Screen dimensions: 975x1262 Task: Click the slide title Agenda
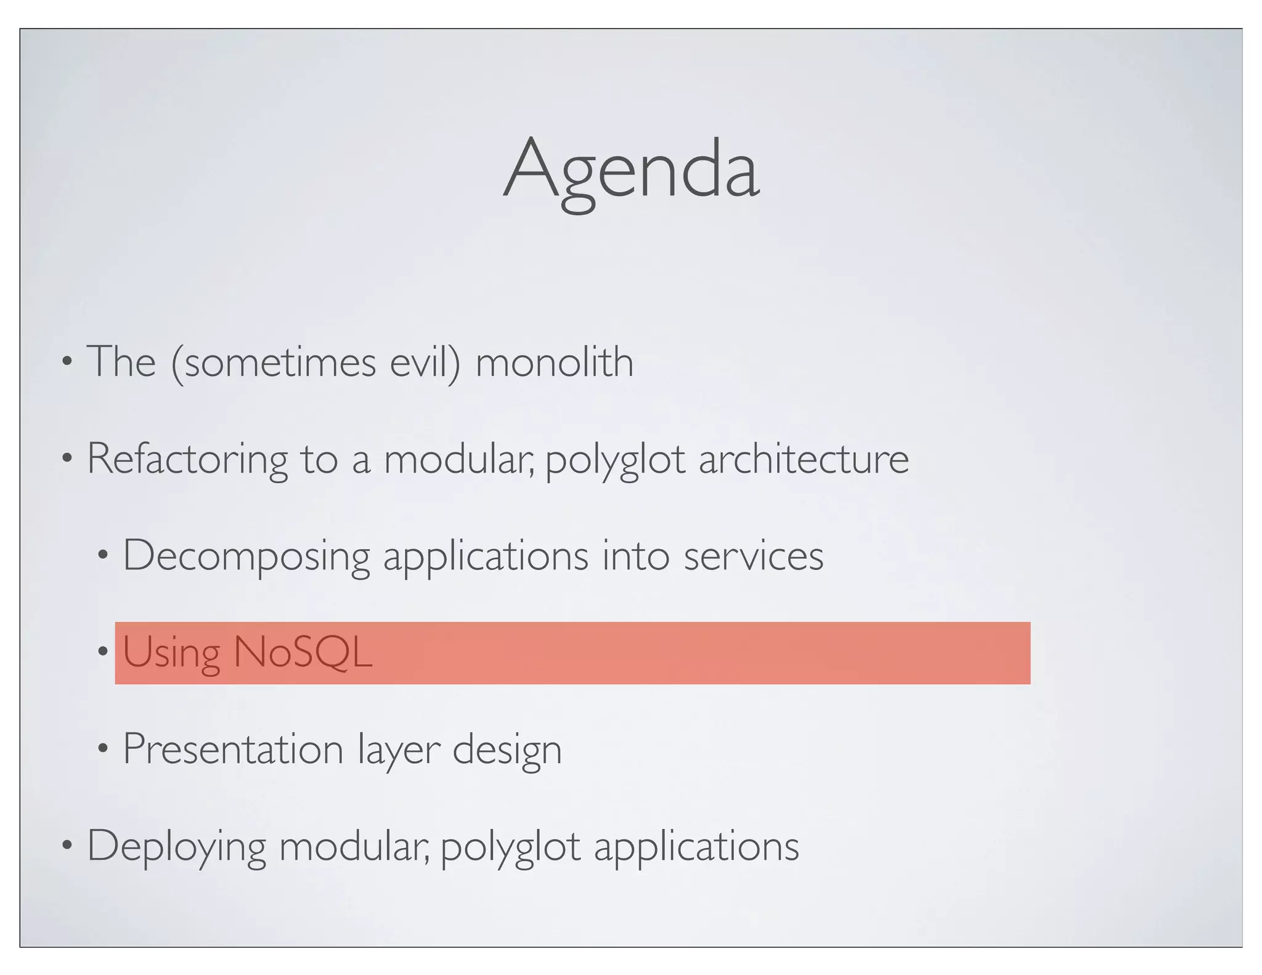click(631, 169)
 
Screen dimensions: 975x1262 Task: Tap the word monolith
click(554, 362)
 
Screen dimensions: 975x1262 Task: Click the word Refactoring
click(187, 459)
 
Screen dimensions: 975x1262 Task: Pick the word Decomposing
click(246, 557)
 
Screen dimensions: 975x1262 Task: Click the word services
click(753, 557)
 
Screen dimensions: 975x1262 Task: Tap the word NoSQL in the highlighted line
click(303, 652)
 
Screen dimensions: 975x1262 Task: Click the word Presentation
click(233, 750)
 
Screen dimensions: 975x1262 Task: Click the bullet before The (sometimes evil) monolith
click(67, 362)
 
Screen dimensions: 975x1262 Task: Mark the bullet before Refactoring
click(67, 459)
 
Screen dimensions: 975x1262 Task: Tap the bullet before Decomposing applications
click(103, 557)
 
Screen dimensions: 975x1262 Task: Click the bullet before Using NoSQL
click(103, 652)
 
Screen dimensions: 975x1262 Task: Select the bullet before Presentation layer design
click(103, 750)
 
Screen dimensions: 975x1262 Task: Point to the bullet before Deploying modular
click(67, 846)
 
